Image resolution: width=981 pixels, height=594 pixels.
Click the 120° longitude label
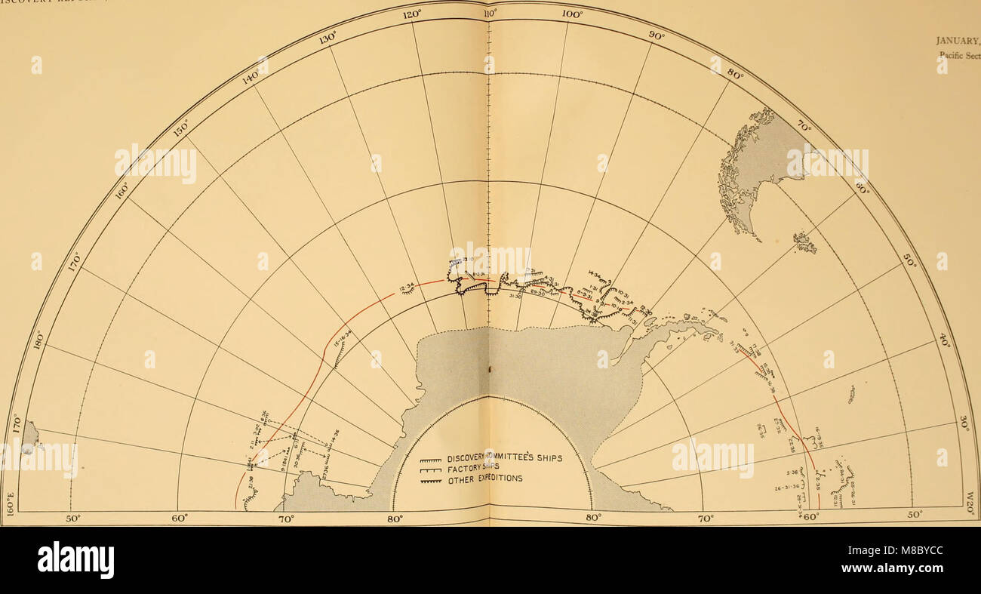(411, 15)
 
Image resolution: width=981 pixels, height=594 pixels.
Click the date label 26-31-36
(787, 487)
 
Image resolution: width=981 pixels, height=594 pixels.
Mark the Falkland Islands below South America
(804, 242)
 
